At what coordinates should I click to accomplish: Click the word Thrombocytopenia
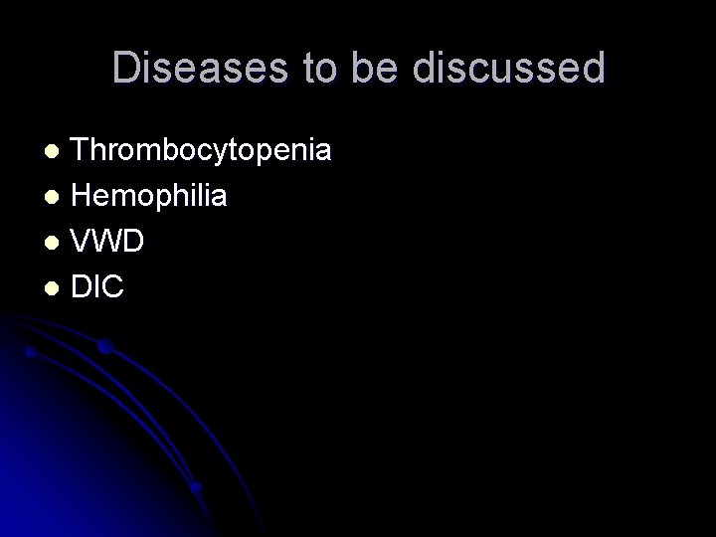(203, 152)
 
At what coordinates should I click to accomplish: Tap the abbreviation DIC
(97, 286)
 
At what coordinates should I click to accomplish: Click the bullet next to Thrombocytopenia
(57, 152)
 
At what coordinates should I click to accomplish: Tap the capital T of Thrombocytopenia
(82, 152)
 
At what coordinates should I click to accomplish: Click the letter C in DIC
(112, 286)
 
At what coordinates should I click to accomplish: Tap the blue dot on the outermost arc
(104, 346)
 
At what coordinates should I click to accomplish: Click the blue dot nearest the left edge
(30, 352)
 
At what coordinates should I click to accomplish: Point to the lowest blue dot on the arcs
(197, 487)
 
